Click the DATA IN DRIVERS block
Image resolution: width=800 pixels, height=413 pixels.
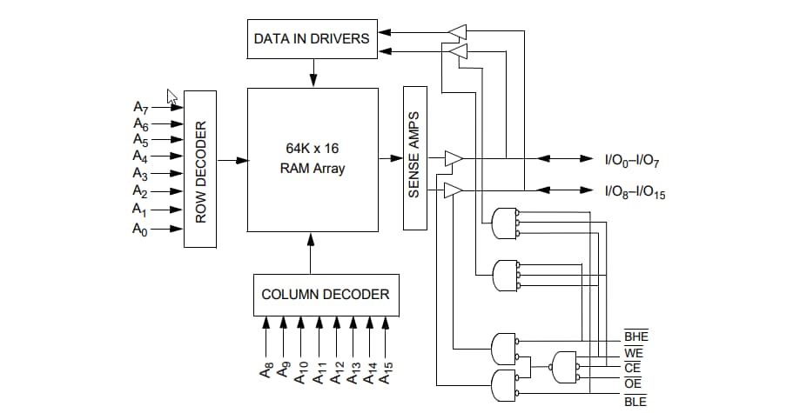coord(311,39)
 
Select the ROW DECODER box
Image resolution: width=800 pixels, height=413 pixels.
coord(200,169)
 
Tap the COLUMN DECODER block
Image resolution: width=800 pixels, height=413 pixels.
coord(325,294)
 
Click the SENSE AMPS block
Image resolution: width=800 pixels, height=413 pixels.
coord(415,157)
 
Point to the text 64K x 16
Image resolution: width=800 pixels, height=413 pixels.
coord(312,149)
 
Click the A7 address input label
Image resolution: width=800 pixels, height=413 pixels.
coord(141,108)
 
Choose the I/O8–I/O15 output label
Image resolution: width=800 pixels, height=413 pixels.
coord(637,191)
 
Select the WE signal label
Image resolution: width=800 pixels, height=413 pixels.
coord(634,353)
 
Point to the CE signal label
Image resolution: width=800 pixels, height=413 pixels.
coord(633,369)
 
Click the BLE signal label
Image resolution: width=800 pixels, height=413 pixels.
coord(635,401)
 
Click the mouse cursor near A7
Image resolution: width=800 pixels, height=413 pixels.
coord(172,97)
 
